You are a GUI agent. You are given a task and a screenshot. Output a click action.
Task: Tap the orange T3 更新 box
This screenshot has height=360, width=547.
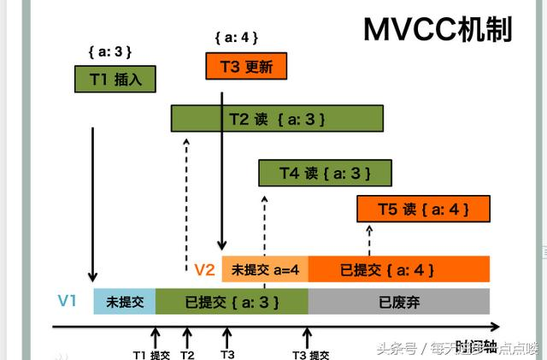[x=245, y=66]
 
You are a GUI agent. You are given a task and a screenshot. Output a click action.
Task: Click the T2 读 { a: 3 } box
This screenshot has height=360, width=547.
[x=276, y=118]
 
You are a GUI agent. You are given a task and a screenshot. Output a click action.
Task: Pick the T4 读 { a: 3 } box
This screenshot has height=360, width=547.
[x=325, y=173]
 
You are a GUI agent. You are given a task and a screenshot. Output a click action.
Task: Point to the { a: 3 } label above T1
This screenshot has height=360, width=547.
[x=111, y=51]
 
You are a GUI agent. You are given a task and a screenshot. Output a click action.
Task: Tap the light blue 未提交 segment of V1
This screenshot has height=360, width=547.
[x=124, y=302]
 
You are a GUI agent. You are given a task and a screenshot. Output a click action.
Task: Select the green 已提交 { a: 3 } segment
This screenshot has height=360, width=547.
[x=231, y=302]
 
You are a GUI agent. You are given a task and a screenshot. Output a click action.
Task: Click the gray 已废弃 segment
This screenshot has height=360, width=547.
[x=398, y=302]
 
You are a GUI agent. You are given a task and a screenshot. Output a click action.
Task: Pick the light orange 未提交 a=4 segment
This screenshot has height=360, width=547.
[x=265, y=269]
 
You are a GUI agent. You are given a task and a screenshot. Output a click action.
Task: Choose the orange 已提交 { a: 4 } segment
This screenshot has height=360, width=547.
[x=398, y=269]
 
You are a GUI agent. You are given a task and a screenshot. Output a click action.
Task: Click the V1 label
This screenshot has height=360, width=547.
[x=68, y=301]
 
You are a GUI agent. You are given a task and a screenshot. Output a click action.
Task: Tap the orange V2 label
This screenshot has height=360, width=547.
[x=203, y=270]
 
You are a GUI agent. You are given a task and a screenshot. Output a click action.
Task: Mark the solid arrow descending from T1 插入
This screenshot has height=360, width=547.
[x=91, y=197]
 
